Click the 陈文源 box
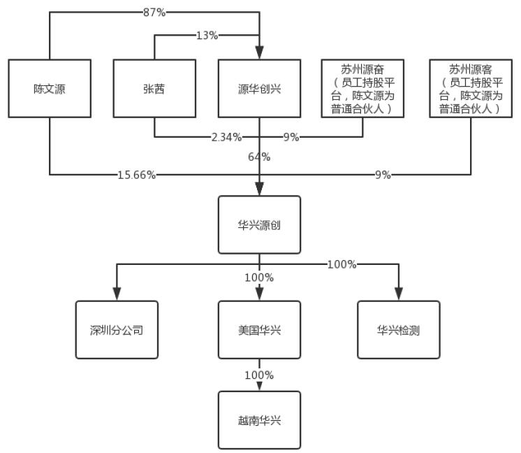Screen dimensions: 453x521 (x=50, y=89)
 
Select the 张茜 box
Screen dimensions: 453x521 (x=154, y=89)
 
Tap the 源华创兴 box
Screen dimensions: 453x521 (x=259, y=89)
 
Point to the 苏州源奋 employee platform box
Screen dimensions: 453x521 (x=362, y=89)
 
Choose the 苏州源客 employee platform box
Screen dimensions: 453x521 (x=470, y=89)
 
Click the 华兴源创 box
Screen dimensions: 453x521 (x=259, y=224)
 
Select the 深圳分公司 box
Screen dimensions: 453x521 (x=117, y=330)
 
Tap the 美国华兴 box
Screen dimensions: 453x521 (x=259, y=330)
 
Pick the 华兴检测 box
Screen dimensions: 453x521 (x=399, y=330)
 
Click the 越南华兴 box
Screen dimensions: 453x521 (x=259, y=420)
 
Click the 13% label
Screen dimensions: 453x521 (x=207, y=36)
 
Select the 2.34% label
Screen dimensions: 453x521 (x=226, y=137)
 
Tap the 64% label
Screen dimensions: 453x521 (x=259, y=157)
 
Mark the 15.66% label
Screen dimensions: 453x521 (x=137, y=175)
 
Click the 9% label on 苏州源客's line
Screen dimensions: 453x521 (x=383, y=175)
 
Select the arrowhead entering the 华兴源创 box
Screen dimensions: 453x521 (x=259, y=189)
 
